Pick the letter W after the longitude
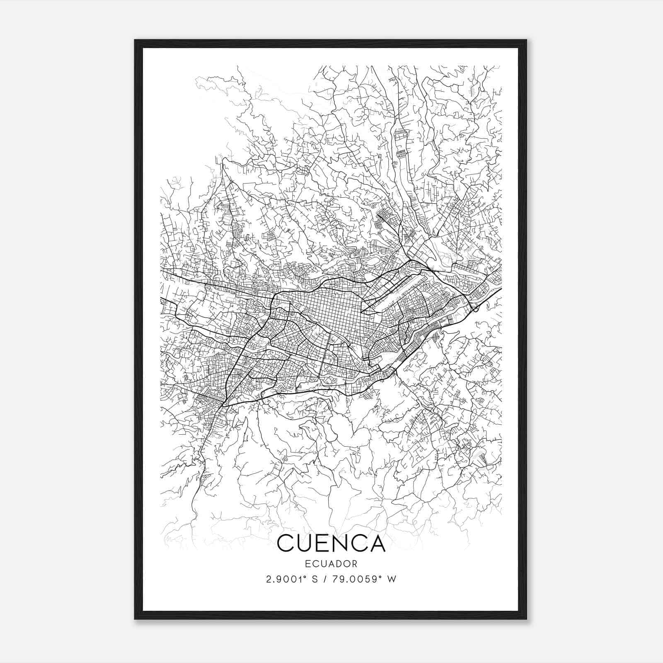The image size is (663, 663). pyautogui.click(x=392, y=579)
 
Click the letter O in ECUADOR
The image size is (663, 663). pyautogui.click(x=346, y=564)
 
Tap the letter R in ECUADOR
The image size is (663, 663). pyautogui.click(x=354, y=564)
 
